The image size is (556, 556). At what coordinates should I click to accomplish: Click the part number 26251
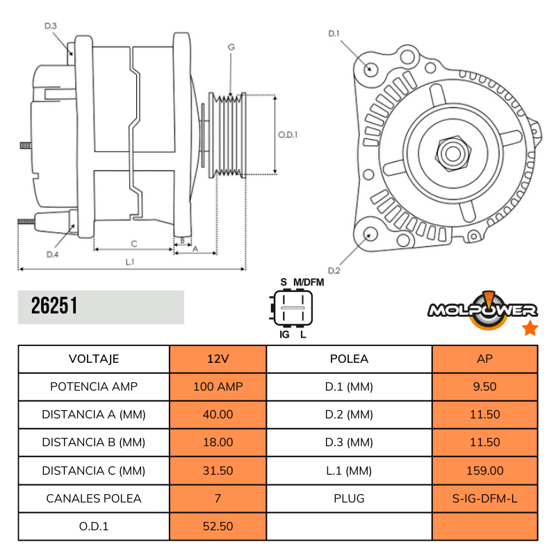pyautogui.click(x=54, y=306)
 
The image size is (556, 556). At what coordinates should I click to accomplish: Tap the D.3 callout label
pyautogui.click(x=51, y=26)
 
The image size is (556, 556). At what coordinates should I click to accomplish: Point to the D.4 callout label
pyautogui.click(x=52, y=255)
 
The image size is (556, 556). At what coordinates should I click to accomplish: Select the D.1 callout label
pyautogui.click(x=333, y=33)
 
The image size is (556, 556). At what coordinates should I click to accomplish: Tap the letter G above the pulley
pyautogui.click(x=231, y=47)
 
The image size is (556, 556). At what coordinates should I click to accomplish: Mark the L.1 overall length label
pyautogui.click(x=130, y=262)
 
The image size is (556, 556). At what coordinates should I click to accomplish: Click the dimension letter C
pyautogui.click(x=133, y=243)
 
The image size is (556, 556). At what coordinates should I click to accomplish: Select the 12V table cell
pyautogui.click(x=218, y=359)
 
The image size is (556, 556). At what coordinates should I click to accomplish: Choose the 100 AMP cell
pyautogui.click(x=218, y=386)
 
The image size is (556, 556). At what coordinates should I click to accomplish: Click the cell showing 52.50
pyautogui.click(x=218, y=526)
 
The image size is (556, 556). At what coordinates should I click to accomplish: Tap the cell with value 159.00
pyautogui.click(x=484, y=471)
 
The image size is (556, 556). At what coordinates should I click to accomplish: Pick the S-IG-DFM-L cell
pyautogui.click(x=484, y=498)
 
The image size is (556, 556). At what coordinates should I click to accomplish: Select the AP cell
pyautogui.click(x=484, y=359)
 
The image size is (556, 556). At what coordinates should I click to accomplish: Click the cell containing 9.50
pyautogui.click(x=484, y=386)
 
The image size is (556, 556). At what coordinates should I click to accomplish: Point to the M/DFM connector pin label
pyautogui.click(x=309, y=281)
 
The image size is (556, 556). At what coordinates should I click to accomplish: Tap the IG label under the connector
pyautogui.click(x=284, y=335)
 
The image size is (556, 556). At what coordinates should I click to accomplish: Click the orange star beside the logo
pyautogui.click(x=530, y=328)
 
